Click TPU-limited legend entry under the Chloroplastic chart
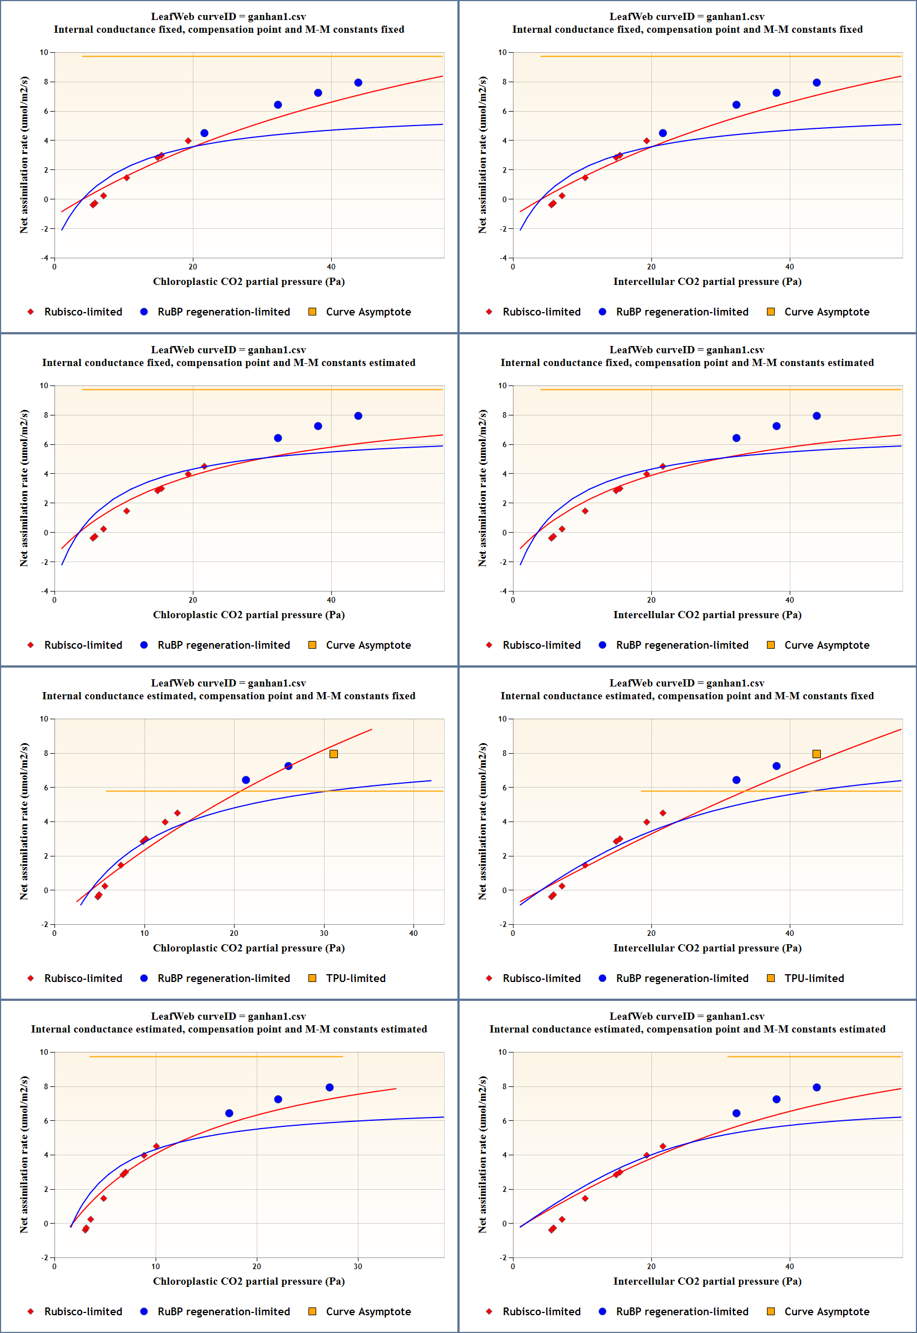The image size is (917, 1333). pos(355,978)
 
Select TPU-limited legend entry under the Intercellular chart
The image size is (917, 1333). pos(814,978)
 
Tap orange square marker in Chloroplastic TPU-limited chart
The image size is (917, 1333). pos(334,754)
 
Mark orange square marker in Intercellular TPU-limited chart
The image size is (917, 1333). pos(816,754)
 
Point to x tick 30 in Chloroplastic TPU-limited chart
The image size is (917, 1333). pos(324,933)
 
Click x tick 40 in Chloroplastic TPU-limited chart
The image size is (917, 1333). pos(413,933)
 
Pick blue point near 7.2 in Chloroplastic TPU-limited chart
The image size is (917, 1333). pos(288,766)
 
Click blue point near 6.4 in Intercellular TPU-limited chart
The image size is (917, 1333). pos(736,780)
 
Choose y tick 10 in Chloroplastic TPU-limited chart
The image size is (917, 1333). pos(44,719)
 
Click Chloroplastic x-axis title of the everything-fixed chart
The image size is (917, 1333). pos(249,281)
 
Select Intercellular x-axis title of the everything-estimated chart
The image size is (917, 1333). pos(707,1281)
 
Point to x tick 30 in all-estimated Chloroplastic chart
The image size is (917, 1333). pos(358,1266)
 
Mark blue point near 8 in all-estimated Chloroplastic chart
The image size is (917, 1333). pos(329,1088)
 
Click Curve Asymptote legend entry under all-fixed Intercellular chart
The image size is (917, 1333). pos(826,312)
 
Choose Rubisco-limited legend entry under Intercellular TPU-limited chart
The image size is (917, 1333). pos(541,978)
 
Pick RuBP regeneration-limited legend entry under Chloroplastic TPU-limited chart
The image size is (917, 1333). pos(223,978)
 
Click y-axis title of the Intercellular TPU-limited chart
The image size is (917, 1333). pos(482,821)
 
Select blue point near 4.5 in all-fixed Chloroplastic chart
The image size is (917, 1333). pos(204,133)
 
